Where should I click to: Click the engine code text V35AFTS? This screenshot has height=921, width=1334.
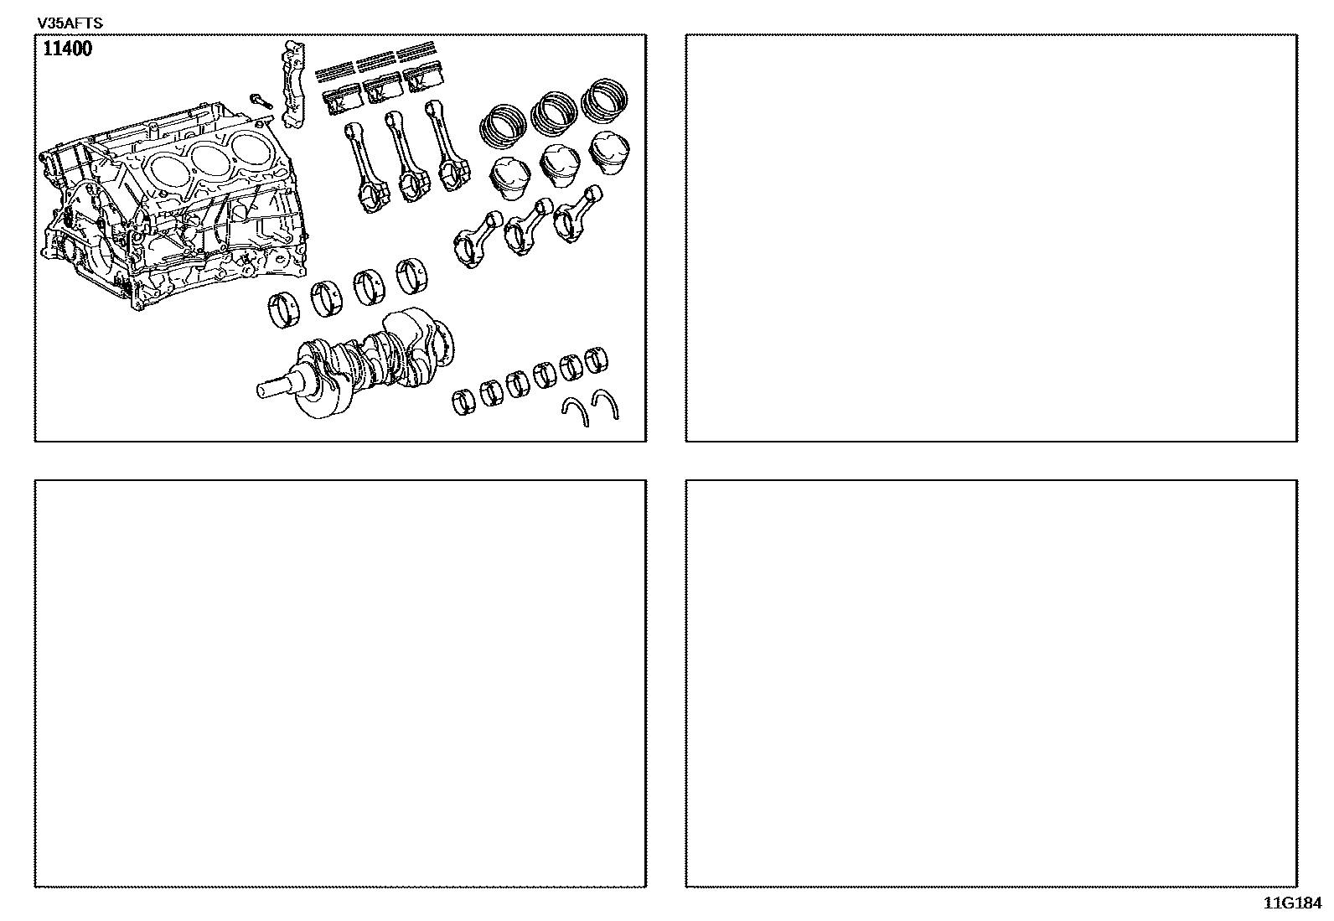70,23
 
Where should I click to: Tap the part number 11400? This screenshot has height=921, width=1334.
67,49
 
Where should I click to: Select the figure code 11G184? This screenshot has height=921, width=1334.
1292,903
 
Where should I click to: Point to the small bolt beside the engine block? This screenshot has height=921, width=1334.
261,101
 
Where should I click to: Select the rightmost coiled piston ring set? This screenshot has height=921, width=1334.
604,99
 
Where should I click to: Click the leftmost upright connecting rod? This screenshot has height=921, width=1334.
365,167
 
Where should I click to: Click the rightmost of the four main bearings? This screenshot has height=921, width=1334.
412,276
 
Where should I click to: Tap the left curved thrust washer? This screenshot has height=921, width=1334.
576,411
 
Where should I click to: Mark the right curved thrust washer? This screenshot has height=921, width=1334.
605,403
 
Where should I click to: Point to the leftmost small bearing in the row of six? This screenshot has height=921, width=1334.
463,402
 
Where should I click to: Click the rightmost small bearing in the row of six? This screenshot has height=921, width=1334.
596,360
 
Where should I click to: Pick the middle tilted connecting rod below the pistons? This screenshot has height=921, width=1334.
528,226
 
